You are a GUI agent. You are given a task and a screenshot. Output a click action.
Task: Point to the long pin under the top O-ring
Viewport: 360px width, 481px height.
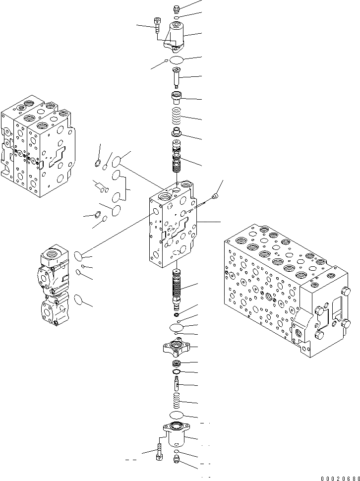pos(176,77)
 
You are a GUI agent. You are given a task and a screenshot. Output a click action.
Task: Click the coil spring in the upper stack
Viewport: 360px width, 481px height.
pos(177,119)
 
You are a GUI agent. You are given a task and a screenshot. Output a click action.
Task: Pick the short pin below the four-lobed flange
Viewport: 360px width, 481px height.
pos(176,383)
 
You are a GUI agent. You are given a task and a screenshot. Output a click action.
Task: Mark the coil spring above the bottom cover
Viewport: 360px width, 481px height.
pos(177,400)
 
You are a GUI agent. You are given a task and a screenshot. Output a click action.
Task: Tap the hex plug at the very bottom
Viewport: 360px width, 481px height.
pos(177,461)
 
